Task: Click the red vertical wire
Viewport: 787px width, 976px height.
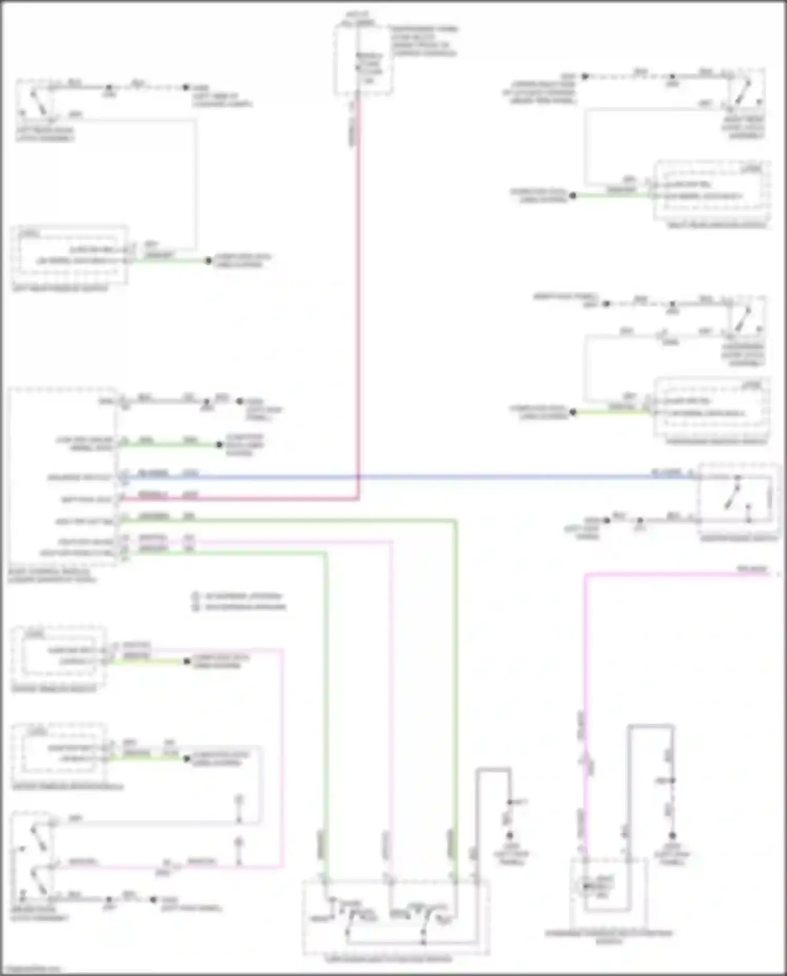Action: (x=358, y=315)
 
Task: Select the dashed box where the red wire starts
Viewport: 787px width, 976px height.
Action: (x=364, y=60)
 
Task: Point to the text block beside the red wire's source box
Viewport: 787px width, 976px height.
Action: (x=424, y=41)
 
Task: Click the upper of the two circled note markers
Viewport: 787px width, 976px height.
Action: (x=196, y=596)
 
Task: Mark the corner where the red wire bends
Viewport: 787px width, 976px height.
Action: (x=358, y=498)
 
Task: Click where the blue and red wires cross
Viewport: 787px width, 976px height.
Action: (x=358, y=477)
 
